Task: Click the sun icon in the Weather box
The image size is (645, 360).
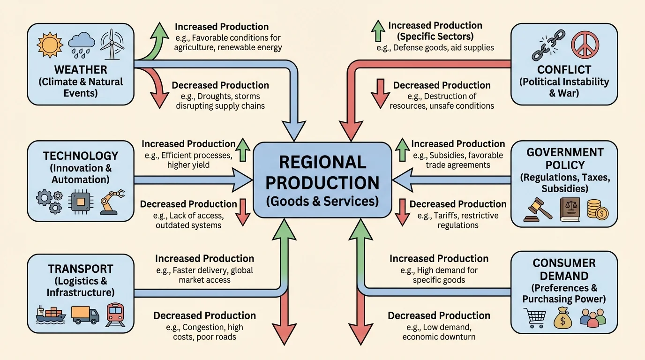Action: (49, 45)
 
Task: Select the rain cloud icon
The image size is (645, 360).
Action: (81, 45)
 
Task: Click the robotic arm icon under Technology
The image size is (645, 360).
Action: (112, 202)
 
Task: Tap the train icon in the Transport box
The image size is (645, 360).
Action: (115, 314)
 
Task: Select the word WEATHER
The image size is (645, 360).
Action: (81, 70)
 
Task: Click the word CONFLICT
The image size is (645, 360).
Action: (564, 70)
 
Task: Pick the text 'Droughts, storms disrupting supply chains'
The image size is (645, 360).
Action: (220, 101)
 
